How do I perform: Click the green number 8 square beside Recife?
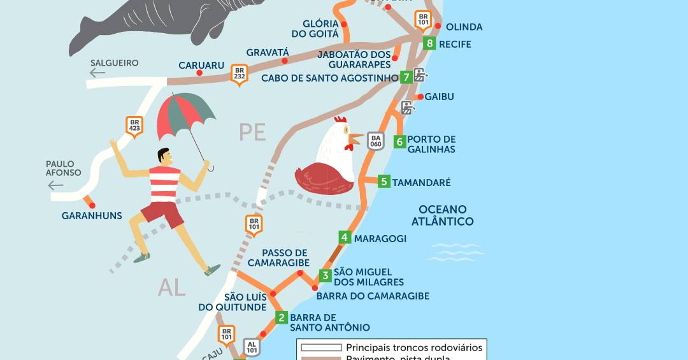[x=431, y=44]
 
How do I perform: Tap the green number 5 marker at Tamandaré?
[x=383, y=182]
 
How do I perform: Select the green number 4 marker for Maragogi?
[x=345, y=238]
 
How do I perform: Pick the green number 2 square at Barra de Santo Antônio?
[x=282, y=317]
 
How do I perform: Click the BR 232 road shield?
[x=239, y=75]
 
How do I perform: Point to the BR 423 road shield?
[x=134, y=126]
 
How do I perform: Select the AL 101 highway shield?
[x=252, y=347]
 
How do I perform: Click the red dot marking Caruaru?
[x=199, y=73]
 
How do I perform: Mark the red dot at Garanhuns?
[x=92, y=205]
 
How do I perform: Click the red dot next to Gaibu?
[x=420, y=97]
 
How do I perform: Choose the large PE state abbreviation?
[x=252, y=132]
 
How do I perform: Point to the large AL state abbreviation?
[x=171, y=288]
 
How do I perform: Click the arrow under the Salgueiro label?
[x=97, y=73]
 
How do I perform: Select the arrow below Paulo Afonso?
[x=56, y=185]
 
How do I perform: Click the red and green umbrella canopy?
[x=185, y=115]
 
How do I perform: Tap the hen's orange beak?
[x=355, y=136]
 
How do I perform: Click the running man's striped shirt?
[x=164, y=184]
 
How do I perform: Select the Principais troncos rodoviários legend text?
[x=414, y=348]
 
